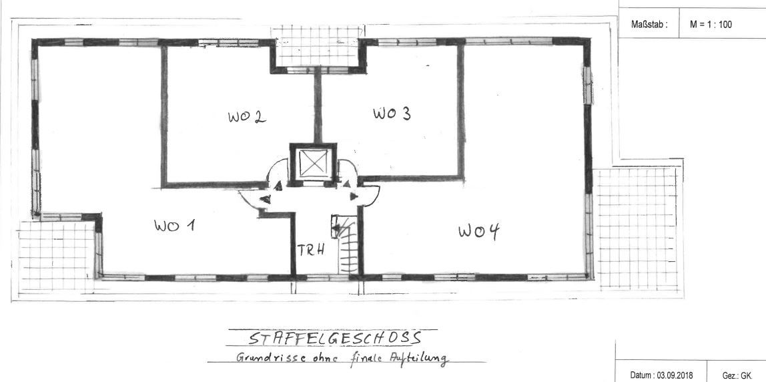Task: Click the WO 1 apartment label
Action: pos(174,226)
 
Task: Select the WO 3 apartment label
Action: pos(392,114)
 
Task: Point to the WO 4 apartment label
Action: pos(479,231)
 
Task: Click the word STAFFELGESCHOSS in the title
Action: pos(335,339)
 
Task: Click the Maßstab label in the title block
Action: pos(649,24)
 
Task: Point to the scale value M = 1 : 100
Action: pos(711,24)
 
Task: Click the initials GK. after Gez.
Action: pos(746,375)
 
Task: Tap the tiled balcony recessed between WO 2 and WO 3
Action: pos(316,46)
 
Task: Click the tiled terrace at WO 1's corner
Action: pos(56,256)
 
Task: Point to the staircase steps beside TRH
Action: pos(349,248)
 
